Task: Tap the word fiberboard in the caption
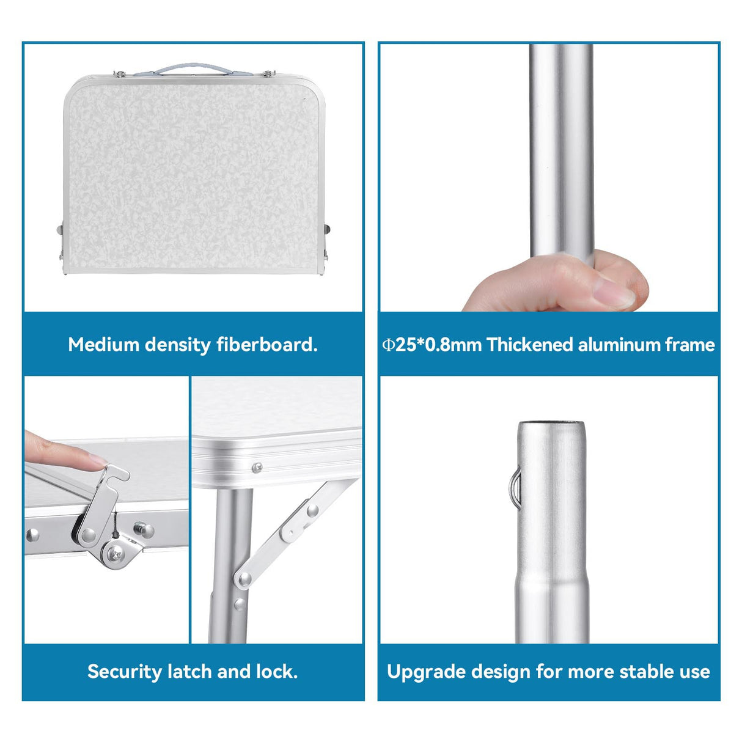click(266, 344)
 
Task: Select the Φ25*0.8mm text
click(432, 344)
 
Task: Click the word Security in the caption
click(124, 672)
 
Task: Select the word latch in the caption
click(189, 672)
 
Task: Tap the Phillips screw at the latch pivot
click(115, 555)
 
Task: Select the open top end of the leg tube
click(551, 424)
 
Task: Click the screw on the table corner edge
click(257, 468)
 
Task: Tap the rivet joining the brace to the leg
click(244, 578)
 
